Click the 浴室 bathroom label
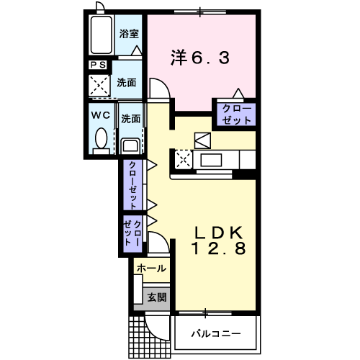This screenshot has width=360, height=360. [129, 34]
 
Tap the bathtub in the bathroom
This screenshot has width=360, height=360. [102, 35]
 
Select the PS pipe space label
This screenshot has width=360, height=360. [98, 65]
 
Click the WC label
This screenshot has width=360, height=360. [101, 115]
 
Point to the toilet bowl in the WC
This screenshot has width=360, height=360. [101, 138]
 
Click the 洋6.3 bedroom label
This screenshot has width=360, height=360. [200, 58]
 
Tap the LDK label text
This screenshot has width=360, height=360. [218, 233]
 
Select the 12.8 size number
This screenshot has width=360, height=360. [218, 248]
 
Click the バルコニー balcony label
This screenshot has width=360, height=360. [216, 333]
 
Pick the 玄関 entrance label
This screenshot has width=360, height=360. [157, 297]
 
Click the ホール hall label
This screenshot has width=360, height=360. [151, 269]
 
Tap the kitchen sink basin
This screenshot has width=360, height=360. [211, 160]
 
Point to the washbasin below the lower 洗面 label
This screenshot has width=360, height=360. [130, 146]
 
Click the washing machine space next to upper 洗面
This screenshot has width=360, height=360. [99, 86]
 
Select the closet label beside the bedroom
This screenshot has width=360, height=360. [236, 114]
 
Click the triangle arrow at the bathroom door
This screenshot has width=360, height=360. [137, 50]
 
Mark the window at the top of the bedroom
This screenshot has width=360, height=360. [200, 12]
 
